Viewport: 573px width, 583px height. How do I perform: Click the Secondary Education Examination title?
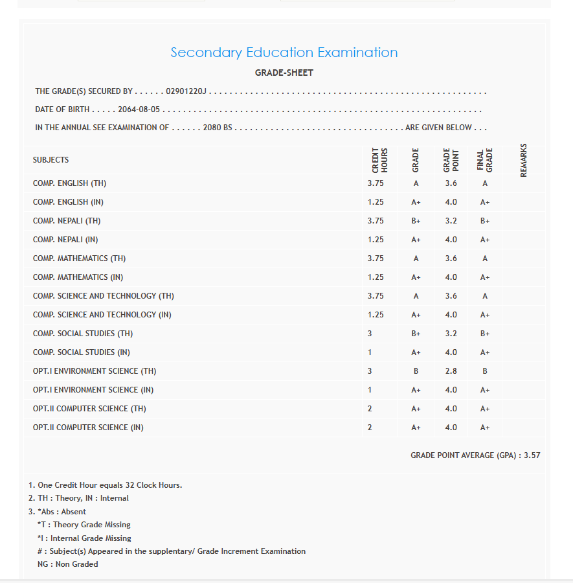click(x=284, y=52)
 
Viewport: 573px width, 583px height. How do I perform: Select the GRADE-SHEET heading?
click(x=284, y=73)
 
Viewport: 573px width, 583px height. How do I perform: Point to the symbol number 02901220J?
click(x=186, y=91)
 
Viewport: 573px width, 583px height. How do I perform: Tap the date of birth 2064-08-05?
click(x=139, y=109)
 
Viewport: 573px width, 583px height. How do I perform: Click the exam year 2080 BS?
click(x=217, y=128)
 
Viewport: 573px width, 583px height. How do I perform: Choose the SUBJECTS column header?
click(x=51, y=160)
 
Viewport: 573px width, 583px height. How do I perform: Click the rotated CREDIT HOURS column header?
click(x=379, y=160)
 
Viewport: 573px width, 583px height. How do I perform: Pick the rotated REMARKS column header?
click(x=523, y=160)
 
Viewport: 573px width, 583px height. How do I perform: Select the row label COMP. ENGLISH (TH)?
click(x=69, y=183)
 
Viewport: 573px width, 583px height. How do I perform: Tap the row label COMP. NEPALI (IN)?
click(x=65, y=240)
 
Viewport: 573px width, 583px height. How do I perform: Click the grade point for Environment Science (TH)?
click(x=451, y=371)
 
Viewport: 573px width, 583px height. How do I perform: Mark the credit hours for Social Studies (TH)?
click(x=370, y=334)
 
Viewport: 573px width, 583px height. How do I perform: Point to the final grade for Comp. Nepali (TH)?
click(x=485, y=221)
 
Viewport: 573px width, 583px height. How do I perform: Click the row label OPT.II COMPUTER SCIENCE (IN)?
click(x=88, y=428)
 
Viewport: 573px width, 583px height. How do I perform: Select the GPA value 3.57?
click(x=532, y=455)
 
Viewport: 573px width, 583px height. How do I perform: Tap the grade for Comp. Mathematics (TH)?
click(x=416, y=258)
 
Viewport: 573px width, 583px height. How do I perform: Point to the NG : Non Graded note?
click(x=68, y=564)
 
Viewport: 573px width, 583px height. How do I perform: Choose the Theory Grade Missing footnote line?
click(x=84, y=525)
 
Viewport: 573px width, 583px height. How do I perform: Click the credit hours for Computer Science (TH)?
click(x=370, y=409)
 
